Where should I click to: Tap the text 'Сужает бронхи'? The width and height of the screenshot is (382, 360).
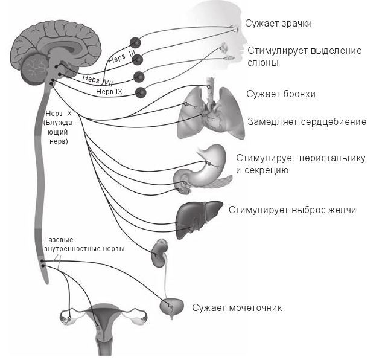click(281, 94)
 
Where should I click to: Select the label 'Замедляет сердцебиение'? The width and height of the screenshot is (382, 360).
click(307, 122)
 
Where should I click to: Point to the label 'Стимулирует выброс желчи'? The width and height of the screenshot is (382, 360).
click(292, 210)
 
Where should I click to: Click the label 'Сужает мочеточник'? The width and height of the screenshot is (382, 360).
click(237, 307)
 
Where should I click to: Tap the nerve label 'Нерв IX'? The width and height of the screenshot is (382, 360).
click(109, 91)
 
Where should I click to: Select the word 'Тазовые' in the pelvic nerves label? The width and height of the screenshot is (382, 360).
click(57, 240)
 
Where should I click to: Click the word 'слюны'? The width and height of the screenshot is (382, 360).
click(263, 62)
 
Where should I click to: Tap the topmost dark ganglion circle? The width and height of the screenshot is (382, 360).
click(135, 42)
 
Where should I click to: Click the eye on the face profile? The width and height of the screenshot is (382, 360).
click(234, 27)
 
